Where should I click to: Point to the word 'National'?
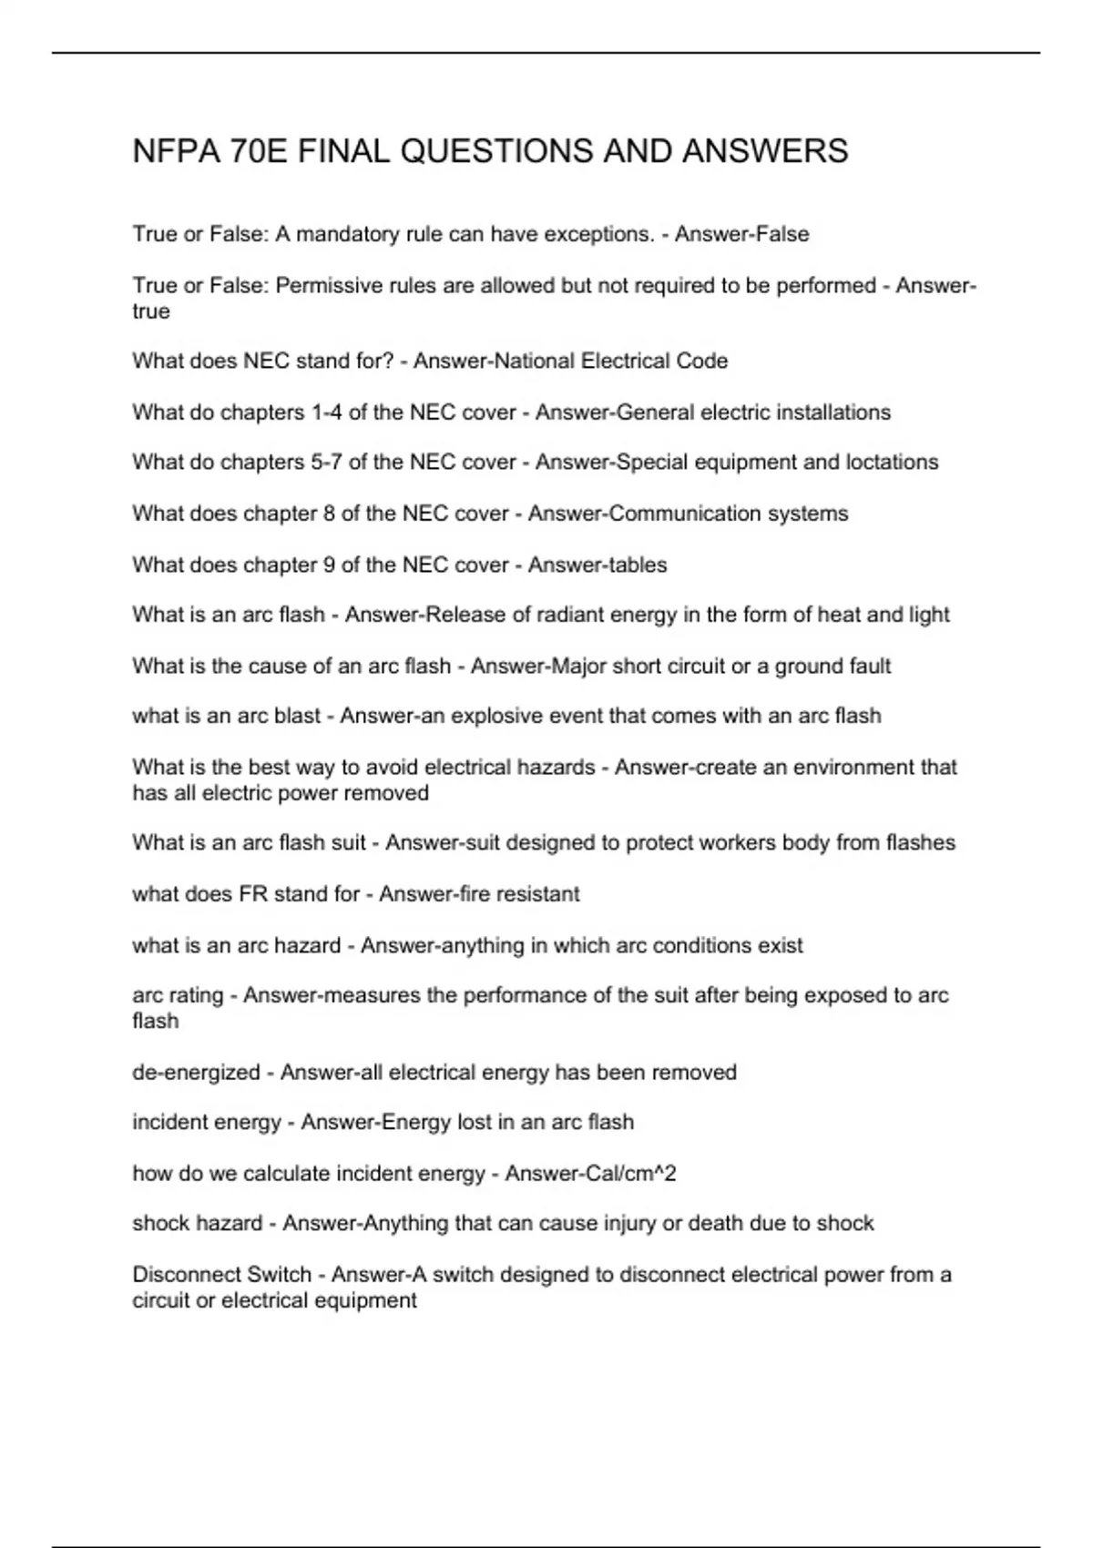click(x=534, y=362)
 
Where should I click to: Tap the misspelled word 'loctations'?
click(x=892, y=463)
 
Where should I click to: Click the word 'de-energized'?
click(x=196, y=1073)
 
